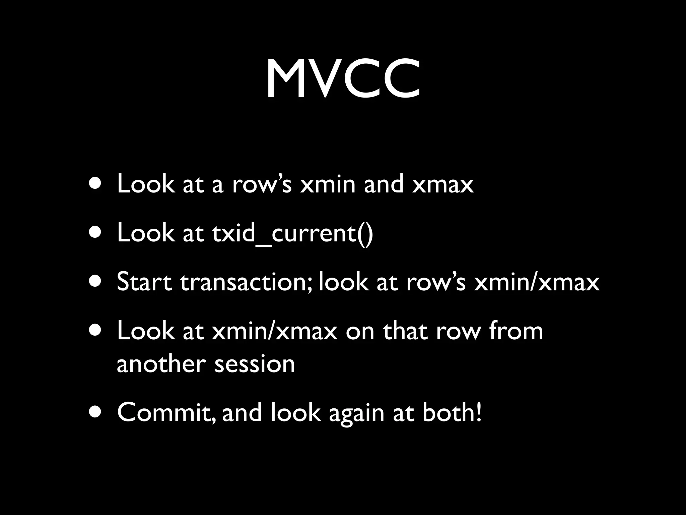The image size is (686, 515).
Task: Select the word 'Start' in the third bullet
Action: [144, 282]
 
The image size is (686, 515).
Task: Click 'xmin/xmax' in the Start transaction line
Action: [537, 282]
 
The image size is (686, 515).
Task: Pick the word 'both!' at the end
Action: [452, 412]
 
